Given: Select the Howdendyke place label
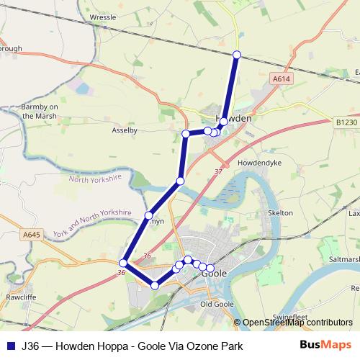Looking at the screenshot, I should click(x=258, y=163).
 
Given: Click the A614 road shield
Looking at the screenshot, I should click(x=282, y=78).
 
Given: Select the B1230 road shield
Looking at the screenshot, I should click(x=346, y=123).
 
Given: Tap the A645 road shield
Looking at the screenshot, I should click(x=31, y=235).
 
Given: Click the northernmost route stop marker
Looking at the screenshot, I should click(x=237, y=55).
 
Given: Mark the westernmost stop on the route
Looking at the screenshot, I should click(x=124, y=263).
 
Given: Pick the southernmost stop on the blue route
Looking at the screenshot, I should click(x=154, y=286).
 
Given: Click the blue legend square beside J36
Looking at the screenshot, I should click(x=10, y=346).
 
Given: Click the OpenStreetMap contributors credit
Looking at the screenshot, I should click(x=297, y=323).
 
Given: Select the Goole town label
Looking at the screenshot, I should click(x=215, y=274).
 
